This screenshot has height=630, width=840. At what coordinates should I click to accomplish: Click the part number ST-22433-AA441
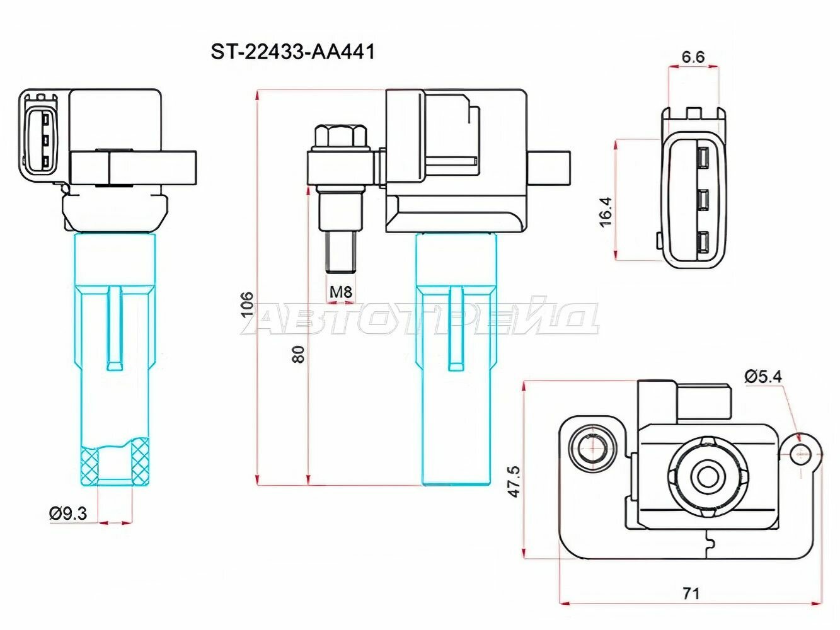click(292, 52)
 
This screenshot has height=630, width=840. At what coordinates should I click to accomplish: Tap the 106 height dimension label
click(248, 304)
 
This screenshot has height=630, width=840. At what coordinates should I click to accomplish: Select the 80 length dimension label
click(298, 353)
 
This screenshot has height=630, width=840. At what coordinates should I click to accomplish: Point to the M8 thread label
click(340, 292)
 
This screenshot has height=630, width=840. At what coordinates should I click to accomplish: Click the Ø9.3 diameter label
click(68, 513)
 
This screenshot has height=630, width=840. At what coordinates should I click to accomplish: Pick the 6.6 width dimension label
click(692, 57)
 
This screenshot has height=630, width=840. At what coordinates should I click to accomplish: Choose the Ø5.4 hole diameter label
click(762, 377)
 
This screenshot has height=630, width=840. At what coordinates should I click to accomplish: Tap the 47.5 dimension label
click(514, 481)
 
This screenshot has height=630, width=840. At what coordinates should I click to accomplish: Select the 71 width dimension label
click(691, 593)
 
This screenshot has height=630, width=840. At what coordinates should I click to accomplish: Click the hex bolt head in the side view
click(340, 136)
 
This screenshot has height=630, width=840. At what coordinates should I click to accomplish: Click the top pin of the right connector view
click(703, 156)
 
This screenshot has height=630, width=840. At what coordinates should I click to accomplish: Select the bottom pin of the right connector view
click(703, 243)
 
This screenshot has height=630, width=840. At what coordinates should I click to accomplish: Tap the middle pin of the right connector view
click(703, 200)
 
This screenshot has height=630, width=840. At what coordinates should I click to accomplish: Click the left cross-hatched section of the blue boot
click(89, 465)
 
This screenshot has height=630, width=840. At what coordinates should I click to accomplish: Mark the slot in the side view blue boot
click(455, 328)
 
